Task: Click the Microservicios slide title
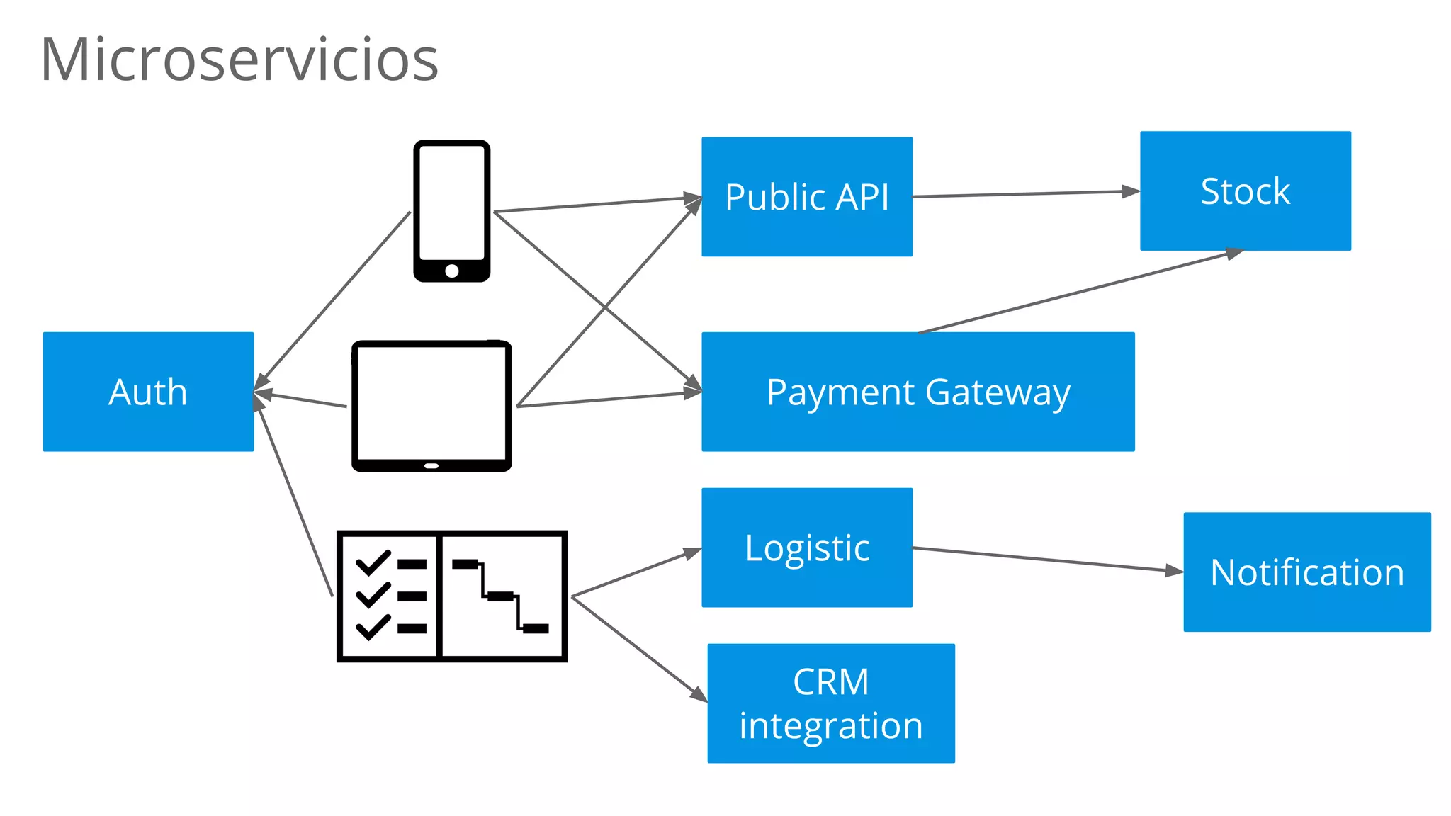tap(239, 59)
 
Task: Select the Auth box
tap(148, 392)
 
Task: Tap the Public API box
tap(807, 197)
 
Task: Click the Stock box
tap(1245, 191)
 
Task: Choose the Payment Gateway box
tap(918, 392)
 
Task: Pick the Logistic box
tap(807, 548)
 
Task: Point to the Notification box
tap(1306, 572)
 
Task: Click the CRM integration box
tap(830, 703)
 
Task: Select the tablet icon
tap(431, 405)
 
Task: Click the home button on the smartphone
tap(452, 271)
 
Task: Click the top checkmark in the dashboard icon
tap(373, 562)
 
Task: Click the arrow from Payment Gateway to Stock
tap(1077, 292)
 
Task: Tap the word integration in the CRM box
tap(830, 726)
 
